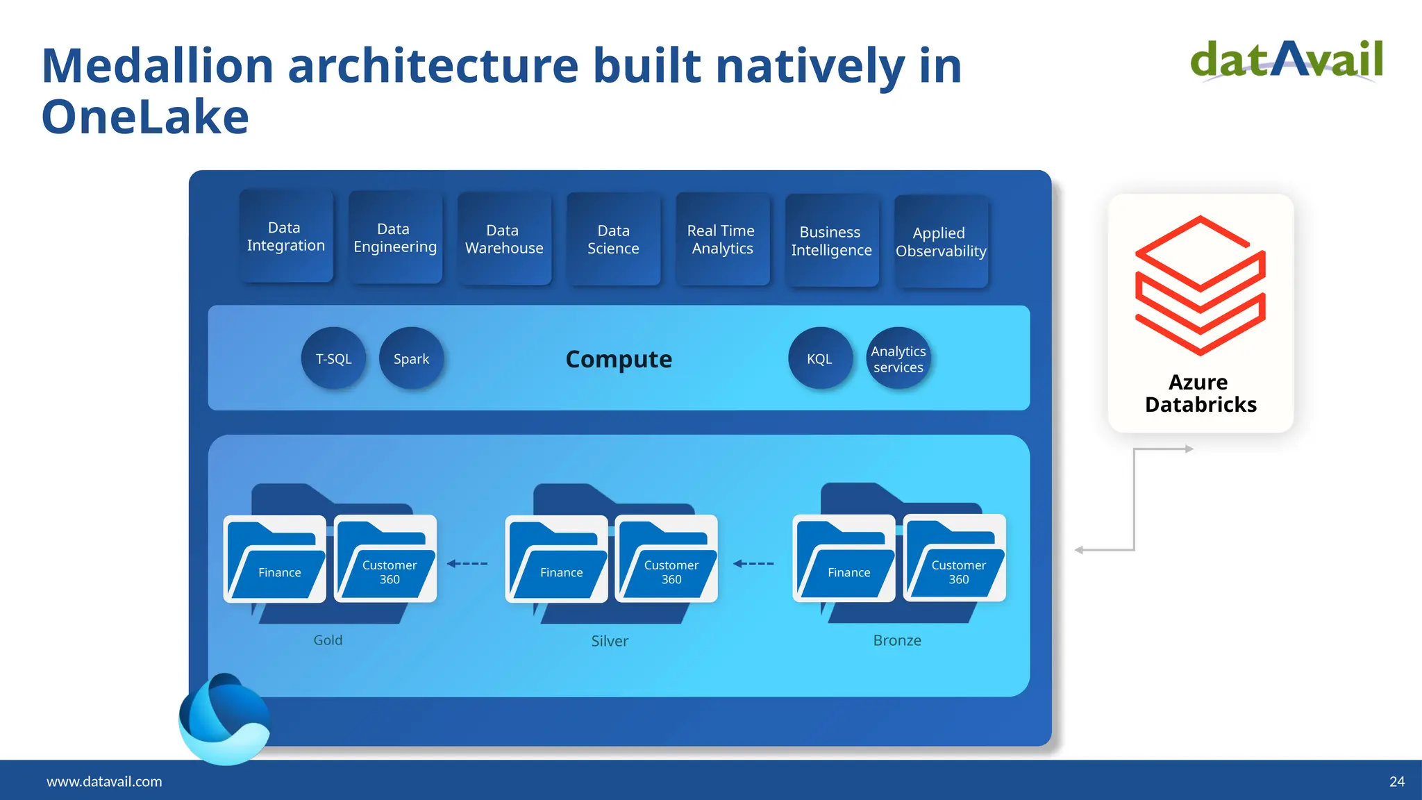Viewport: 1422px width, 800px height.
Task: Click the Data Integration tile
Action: tap(285, 237)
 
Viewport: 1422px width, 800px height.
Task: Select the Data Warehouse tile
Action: tap(504, 239)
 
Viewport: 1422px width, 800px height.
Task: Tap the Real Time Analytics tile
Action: tap(722, 239)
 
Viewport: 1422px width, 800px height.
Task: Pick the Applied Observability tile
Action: tap(941, 242)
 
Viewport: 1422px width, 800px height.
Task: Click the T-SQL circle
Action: tap(333, 358)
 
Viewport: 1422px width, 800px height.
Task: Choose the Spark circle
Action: tap(411, 358)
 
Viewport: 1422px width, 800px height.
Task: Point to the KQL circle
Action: tap(819, 358)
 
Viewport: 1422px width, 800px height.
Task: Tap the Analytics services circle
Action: tap(898, 358)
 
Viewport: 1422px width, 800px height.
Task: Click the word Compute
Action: tap(619, 359)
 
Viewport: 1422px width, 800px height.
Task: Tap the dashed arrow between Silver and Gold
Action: tap(467, 563)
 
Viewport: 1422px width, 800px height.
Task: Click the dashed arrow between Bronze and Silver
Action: tap(753, 563)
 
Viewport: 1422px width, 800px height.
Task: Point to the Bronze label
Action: tap(896, 640)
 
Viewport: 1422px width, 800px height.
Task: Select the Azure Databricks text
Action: tap(1200, 393)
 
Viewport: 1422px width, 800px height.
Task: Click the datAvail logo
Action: tap(1287, 60)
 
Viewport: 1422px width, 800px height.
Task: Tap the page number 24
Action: tap(1396, 781)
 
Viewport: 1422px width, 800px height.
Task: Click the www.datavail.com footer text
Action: tap(104, 781)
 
